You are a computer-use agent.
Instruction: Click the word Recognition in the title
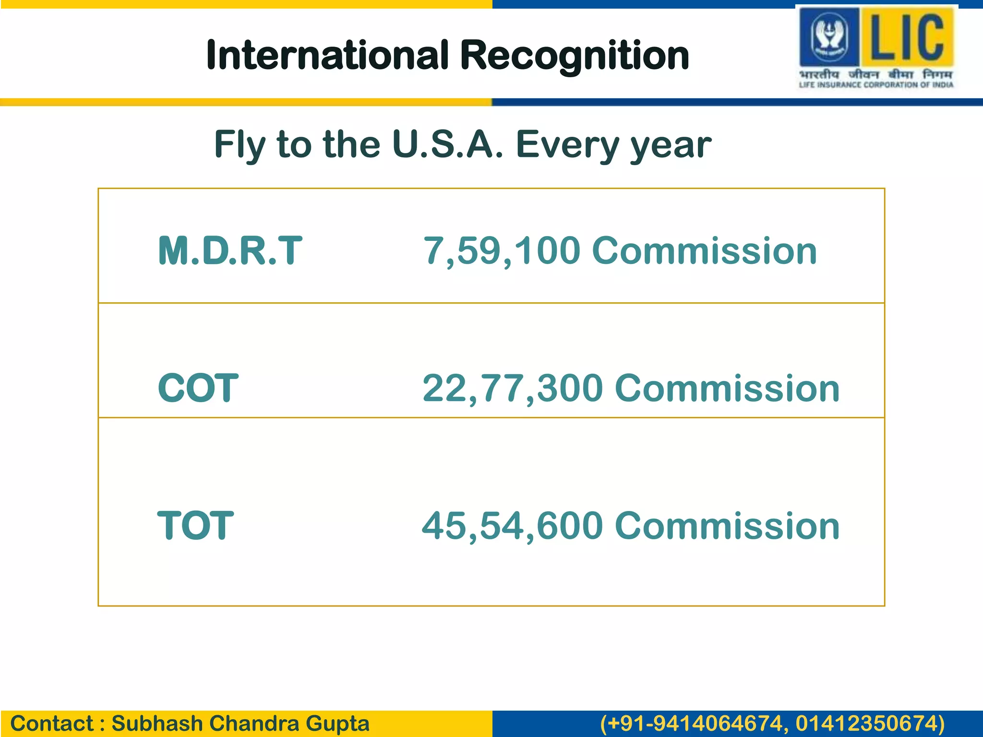point(574,56)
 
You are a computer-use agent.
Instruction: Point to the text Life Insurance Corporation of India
point(876,85)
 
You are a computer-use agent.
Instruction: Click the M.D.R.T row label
point(230,250)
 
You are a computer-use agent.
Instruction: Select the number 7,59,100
point(502,250)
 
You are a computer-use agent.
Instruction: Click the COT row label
point(198,388)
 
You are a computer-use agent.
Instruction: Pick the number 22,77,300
point(513,388)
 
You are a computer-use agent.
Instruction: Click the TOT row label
point(195,525)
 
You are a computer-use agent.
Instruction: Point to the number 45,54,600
point(512,525)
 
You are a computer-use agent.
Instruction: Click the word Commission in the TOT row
point(727,525)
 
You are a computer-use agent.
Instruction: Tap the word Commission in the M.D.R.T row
point(705,250)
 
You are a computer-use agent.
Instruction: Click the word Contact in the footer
point(52,724)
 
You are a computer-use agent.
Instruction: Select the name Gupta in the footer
point(337,724)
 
